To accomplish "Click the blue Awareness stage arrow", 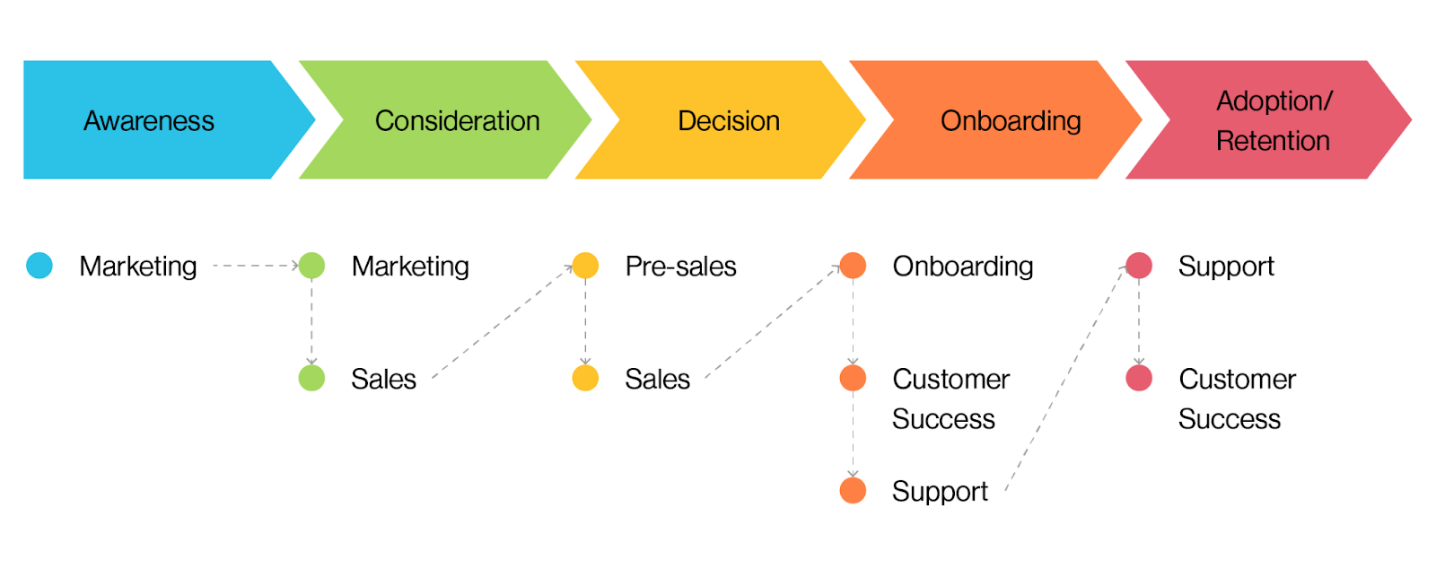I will point(149,120).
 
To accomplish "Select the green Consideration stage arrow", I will point(457,120).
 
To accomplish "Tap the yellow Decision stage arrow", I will point(728,120).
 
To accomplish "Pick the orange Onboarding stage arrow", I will point(1010,120).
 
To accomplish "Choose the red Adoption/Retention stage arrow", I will point(1273,120).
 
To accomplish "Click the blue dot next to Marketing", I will point(39,266).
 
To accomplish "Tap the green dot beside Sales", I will point(311,378).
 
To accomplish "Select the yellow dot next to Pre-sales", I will point(585,266).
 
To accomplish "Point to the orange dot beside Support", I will point(853,490).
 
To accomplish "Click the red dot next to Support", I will point(1139,266).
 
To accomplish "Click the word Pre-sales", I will point(680,267).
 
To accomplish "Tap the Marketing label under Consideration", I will point(410,267).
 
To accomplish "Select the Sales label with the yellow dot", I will point(657,379).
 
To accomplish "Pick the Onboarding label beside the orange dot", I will point(962,267).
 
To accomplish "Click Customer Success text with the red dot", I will point(1236,398).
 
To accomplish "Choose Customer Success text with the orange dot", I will point(950,398).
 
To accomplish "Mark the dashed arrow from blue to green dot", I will point(255,266).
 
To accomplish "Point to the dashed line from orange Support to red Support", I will point(1065,378).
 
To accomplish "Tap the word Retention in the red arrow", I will point(1273,141).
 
